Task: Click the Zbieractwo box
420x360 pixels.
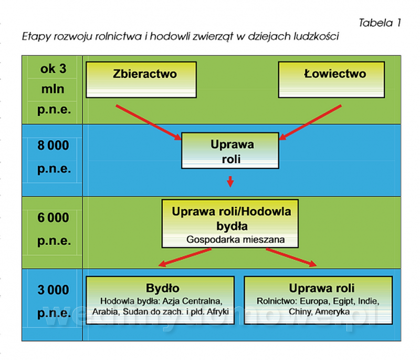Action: point(141,79)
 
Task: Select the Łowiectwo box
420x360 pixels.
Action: point(332,79)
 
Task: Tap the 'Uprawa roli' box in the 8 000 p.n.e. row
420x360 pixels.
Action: point(230,150)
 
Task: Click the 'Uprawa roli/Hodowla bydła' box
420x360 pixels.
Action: point(230,223)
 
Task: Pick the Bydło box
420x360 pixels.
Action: point(160,300)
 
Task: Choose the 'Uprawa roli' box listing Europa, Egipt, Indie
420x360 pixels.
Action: point(319,300)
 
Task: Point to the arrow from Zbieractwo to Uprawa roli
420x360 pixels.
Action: point(149,122)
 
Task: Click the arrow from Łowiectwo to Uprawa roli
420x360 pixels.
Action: point(310,122)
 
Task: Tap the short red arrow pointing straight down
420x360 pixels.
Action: point(230,181)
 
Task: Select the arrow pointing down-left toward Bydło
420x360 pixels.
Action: point(185,258)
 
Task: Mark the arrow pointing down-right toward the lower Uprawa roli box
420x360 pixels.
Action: point(291,258)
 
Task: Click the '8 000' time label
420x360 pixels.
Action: point(53,145)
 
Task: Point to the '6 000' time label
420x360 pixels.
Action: point(53,218)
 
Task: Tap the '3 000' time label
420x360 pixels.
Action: point(53,290)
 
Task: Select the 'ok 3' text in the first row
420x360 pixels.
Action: point(54,69)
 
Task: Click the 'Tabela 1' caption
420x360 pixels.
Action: point(380,23)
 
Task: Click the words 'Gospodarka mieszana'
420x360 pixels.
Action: point(235,239)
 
